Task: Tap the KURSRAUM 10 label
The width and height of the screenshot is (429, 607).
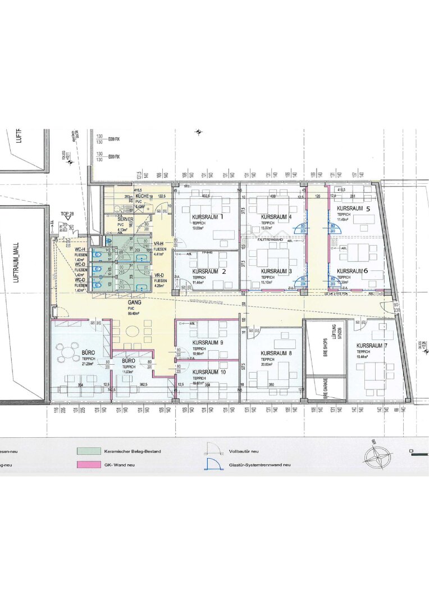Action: tap(208, 372)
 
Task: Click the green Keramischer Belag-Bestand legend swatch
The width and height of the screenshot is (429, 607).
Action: tap(89, 451)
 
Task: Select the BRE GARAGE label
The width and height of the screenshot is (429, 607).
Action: tap(325, 388)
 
